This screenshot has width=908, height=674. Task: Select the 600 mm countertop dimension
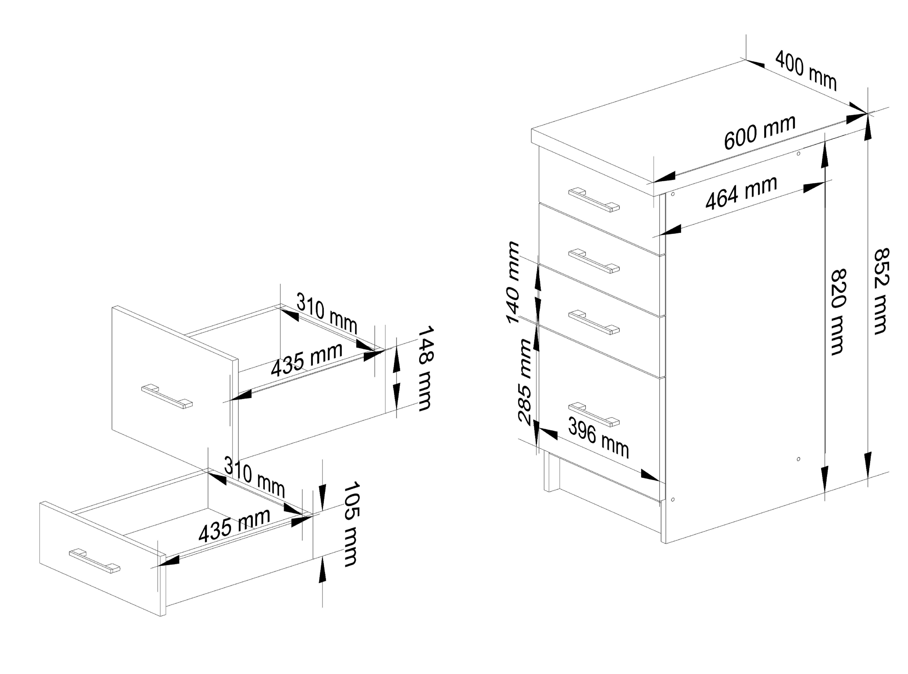(760, 132)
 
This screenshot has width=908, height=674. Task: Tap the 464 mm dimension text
(741, 193)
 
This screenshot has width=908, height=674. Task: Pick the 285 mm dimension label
(525, 382)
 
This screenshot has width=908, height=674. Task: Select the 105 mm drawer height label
(351, 524)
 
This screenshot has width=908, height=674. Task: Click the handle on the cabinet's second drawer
(594, 261)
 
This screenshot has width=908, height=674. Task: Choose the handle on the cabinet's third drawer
(594, 322)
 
